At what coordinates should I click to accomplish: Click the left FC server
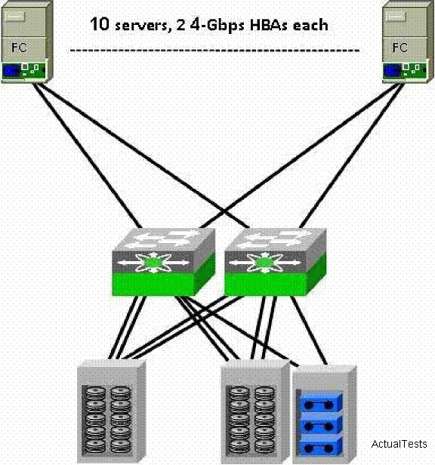[26, 42]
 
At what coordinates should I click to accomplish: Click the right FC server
[407, 42]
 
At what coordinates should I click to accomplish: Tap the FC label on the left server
[19, 47]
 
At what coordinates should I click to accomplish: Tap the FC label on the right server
[400, 47]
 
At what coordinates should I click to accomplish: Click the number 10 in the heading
[99, 24]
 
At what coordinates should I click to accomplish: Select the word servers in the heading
[142, 26]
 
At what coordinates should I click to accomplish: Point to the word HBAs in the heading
[270, 25]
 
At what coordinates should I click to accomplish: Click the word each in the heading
[310, 25]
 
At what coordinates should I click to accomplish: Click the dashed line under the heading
[214, 50]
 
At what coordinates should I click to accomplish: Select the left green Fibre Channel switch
[163, 261]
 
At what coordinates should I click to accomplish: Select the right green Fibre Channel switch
[276, 261]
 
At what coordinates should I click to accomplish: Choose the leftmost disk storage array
[112, 411]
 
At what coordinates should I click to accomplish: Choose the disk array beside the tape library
[255, 412]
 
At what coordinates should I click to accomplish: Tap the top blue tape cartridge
[320, 403]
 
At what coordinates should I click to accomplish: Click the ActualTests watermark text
[399, 444]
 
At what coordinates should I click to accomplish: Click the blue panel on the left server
[11, 72]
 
